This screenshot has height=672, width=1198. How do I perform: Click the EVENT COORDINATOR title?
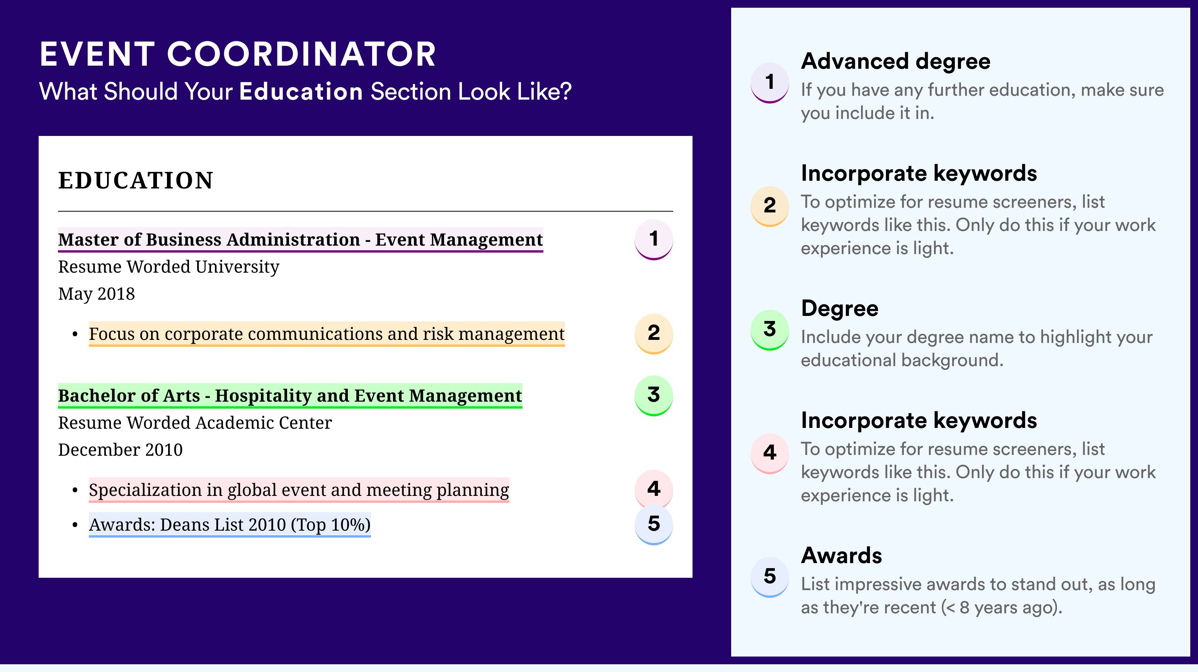[238, 54]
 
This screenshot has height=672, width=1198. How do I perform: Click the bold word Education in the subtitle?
[301, 91]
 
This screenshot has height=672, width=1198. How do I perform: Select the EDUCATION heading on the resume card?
[135, 180]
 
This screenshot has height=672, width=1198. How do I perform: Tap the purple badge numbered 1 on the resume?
[653, 239]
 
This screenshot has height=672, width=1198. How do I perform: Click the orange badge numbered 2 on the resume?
[653, 334]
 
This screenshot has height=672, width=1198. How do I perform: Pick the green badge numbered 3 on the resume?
[653, 395]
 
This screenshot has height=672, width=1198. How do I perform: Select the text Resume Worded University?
[169, 267]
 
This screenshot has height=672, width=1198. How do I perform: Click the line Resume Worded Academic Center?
[195, 423]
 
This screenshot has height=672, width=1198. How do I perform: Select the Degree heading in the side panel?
[840, 309]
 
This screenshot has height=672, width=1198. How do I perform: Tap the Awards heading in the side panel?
[841, 555]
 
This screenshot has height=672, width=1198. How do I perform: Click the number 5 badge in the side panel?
[770, 577]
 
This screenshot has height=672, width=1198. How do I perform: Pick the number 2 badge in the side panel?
[770, 206]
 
